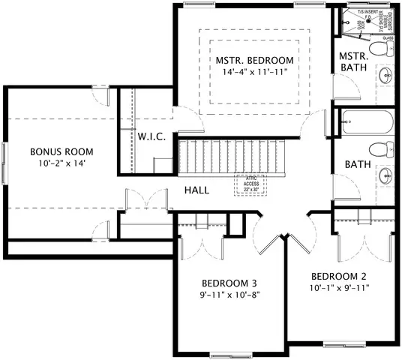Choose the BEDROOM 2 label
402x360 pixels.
click(x=339, y=274)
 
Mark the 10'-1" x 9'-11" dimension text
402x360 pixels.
click(x=339, y=286)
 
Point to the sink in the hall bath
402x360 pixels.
click(x=385, y=177)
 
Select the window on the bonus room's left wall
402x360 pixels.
click(x=5, y=160)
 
